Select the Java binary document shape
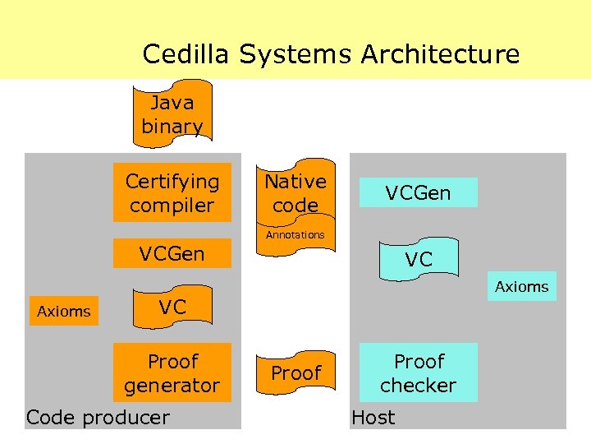(172, 114)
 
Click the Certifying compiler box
(172, 193)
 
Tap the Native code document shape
(295, 193)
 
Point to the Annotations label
(295, 235)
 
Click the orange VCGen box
(172, 253)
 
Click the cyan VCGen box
(419, 193)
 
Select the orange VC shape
(172, 308)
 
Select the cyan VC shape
(419, 259)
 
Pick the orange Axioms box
(64, 312)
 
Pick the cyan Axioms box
(522, 287)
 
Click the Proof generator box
(172, 373)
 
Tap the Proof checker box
(419, 373)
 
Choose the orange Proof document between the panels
(295, 372)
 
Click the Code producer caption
(98, 417)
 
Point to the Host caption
(373, 417)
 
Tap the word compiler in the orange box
(172, 206)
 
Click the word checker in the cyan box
(419, 386)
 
